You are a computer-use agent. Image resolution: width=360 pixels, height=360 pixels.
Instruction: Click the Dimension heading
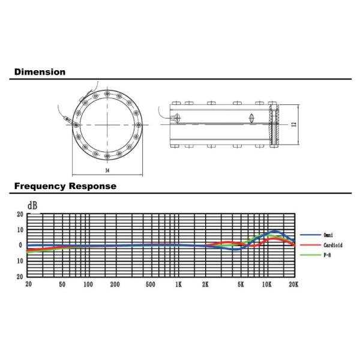(x=40, y=72)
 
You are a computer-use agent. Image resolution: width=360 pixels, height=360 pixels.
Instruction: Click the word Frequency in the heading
(x=40, y=186)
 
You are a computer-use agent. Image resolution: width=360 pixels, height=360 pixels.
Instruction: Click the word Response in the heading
(x=92, y=186)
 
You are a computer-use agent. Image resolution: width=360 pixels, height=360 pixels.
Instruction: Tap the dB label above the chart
(x=32, y=206)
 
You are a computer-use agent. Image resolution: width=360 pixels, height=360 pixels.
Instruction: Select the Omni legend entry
(x=328, y=235)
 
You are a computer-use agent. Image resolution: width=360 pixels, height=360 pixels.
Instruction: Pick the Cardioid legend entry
(x=333, y=245)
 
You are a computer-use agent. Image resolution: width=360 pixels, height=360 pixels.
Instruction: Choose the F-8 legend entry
(x=327, y=255)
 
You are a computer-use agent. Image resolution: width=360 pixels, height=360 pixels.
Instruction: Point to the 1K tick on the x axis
(x=178, y=284)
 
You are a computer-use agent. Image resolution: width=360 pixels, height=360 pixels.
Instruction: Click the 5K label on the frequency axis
(x=241, y=284)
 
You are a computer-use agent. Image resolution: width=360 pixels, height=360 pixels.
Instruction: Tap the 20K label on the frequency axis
(x=293, y=284)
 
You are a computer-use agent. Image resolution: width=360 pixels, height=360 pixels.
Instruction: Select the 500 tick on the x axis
(x=151, y=284)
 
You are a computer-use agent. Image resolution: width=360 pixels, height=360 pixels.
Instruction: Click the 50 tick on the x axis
(x=62, y=284)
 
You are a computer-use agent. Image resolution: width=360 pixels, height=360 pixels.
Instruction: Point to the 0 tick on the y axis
(x=20, y=245)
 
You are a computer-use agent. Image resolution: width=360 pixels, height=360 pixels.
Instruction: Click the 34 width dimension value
(x=107, y=170)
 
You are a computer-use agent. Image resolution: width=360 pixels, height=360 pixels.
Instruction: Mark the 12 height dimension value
(x=294, y=124)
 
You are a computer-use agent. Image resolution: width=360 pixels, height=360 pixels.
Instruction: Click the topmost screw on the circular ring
(x=107, y=94)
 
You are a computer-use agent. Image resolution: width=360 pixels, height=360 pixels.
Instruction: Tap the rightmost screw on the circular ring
(x=139, y=125)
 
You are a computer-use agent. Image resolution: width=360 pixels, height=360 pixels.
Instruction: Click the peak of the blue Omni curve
(x=275, y=231)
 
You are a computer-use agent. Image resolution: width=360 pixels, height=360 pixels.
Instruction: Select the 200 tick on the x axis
(x=115, y=284)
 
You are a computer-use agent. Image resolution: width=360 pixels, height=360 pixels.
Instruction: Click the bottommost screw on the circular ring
(x=107, y=156)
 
